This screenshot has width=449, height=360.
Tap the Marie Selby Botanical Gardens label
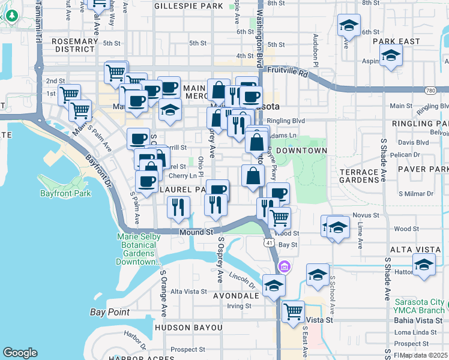(x=139, y=249)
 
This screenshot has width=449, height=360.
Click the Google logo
(x=20, y=353)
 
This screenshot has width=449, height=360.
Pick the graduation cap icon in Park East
(x=391, y=56)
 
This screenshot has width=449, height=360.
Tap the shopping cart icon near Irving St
(x=293, y=311)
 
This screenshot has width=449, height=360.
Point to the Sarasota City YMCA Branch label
(x=420, y=306)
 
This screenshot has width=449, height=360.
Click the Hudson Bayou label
(x=188, y=328)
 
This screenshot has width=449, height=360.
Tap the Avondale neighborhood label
(x=237, y=295)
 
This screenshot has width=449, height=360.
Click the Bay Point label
(x=110, y=312)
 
